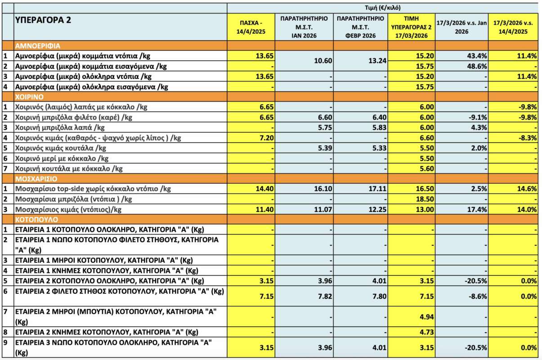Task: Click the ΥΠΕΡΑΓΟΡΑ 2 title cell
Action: [x=43, y=20]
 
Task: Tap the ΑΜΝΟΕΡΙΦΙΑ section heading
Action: [x=38, y=45]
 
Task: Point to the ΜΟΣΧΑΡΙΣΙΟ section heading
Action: [x=36, y=179]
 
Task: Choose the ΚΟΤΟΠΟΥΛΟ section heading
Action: [x=36, y=220]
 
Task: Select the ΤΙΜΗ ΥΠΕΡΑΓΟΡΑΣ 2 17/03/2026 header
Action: [x=412, y=27]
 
